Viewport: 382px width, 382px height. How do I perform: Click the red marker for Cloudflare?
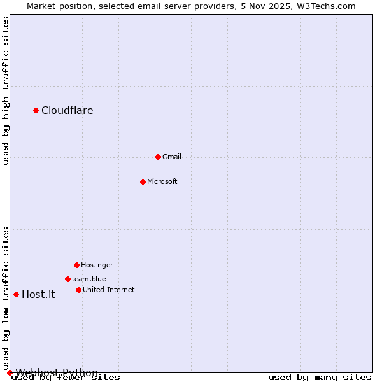pyautogui.click(x=36, y=111)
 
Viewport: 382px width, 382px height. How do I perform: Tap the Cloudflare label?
pyautogui.click(x=67, y=111)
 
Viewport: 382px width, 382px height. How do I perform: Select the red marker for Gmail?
pyautogui.click(x=158, y=157)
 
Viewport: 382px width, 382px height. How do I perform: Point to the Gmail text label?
pyautogui.click(x=171, y=157)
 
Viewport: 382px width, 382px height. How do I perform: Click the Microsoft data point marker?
pyautogui.click(x=143, y=181)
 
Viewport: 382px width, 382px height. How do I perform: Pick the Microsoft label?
pyautogui.click(x=162, y=181)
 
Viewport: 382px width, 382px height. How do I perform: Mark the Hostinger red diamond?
pyautogui.click(x=76, y=265)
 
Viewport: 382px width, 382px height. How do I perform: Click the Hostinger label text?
pyautogui.click(x=97, y=265)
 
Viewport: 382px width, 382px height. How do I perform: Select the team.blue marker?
pyautogui.click(x=67, y=279)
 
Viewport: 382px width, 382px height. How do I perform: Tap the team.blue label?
pyautogui.click(x=88, y=279)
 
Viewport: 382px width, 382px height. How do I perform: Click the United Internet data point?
pyautogui.click(x=78, y=290)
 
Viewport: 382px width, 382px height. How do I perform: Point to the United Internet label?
pyautogui.click(x=108, y=290)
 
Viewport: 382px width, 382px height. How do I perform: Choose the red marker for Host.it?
pyautogui.click(x=16, y=294)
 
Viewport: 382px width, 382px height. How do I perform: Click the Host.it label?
pyautogui.click(x=38, y=294)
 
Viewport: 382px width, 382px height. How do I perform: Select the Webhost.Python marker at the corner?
pyautogui.click(x=10, y=372)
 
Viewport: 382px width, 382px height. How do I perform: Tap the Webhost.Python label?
pyautogui.click(x=57, y=372)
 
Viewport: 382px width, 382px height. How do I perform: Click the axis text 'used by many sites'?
pyautogui.click(x=320, y=378)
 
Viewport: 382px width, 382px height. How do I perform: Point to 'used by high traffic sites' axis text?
pyautogui.click(x=6, y=90)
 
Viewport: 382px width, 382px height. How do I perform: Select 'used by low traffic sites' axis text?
pyautogui.click(x=6, y=298)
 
